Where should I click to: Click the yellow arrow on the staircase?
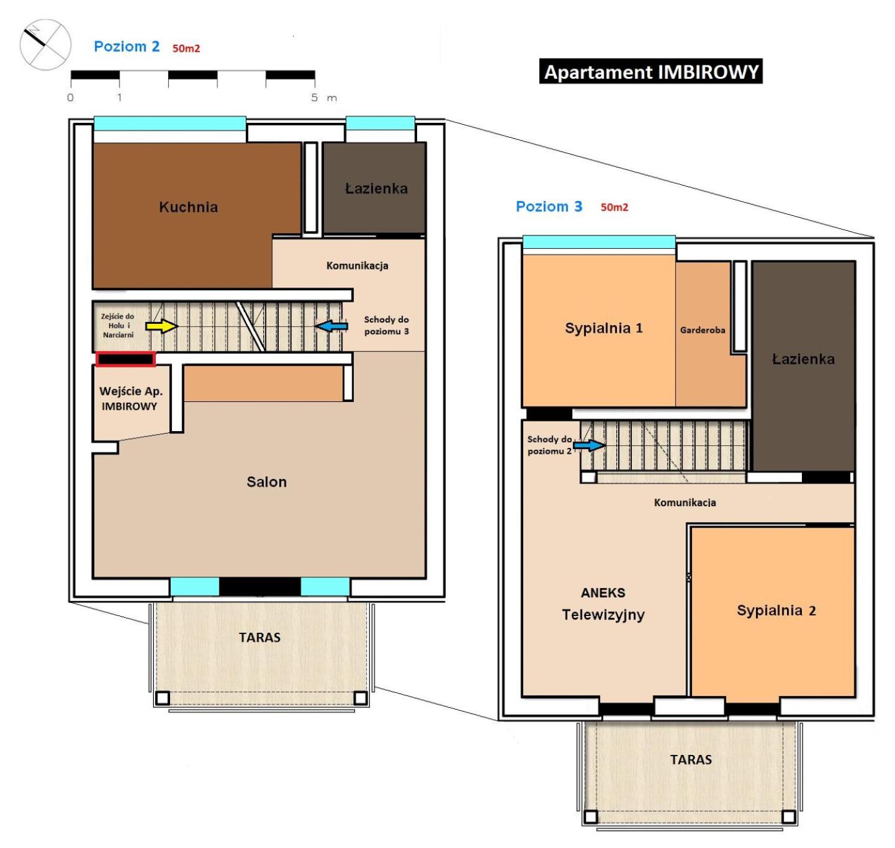coord(161,326)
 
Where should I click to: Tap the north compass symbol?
coord(45,45)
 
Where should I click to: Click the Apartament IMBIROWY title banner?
coord(650,71)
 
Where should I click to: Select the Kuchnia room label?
coord(189,207)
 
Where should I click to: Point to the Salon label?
coord(266,481)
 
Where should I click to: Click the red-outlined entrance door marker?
coord(125,359)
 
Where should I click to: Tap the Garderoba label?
coord(703,330)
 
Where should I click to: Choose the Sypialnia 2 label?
coord(776,610)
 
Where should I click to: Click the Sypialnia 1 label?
coord(604,328)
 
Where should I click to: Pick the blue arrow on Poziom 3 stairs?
coord(589,445)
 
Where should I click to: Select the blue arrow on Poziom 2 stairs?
coord(331,326)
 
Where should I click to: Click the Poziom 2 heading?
coord(127,47)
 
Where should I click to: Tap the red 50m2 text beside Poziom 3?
coord(614,207)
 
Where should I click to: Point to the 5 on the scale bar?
coord(314,97)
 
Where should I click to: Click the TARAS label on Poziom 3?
coord(691,759)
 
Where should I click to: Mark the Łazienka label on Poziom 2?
coord(376,189)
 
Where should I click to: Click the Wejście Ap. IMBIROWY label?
coord(131,398)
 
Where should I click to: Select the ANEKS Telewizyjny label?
coord(603,604)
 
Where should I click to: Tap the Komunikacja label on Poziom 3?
coord(685,502)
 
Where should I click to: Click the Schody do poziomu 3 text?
coord(387,325)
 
